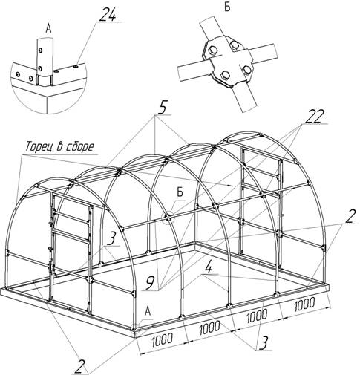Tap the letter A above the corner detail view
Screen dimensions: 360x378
48,29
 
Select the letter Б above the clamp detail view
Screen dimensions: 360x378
227,7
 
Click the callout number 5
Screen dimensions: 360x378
162,108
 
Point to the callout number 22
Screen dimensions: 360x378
314,117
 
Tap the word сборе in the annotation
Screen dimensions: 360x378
80,146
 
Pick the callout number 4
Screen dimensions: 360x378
209,267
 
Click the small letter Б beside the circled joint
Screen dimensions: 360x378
180,192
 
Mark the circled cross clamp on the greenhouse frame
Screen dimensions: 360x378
168,218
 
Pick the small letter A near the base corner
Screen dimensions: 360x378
148,311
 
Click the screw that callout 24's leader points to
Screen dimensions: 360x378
76,66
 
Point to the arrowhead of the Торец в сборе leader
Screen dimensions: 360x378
229,185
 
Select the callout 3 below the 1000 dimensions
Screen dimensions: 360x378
264,343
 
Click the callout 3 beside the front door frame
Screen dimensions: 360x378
112,239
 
